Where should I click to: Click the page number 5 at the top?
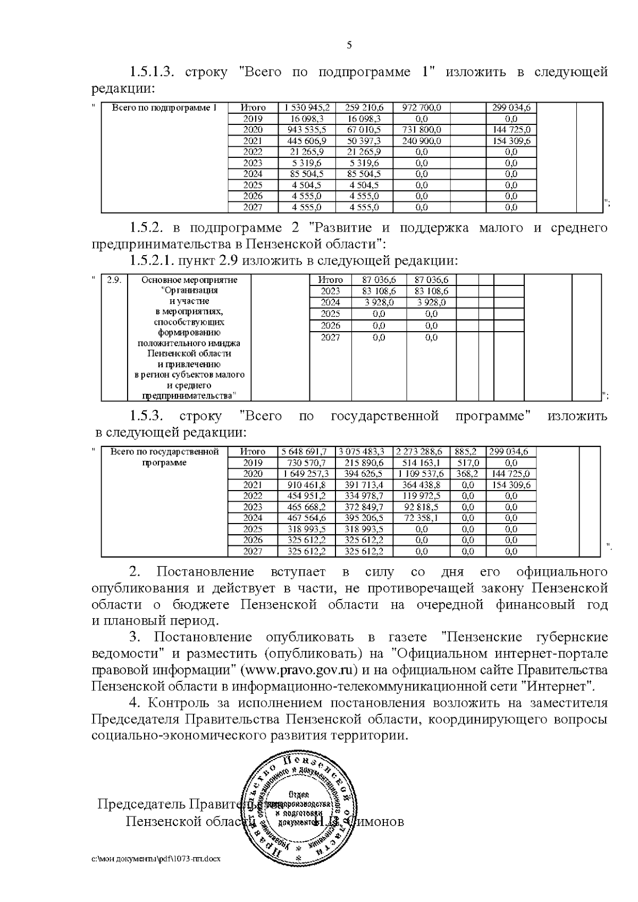pyautogui.click(x=349, y=45)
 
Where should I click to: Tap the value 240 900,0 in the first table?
pyautogui.click(x=421, y=141)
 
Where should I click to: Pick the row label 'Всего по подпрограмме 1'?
pyautogui.click(x=164, y=108)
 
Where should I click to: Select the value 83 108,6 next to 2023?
pyautogui.click(x=379, y=291)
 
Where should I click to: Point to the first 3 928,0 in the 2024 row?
pyautogui.click(x=379, y=302)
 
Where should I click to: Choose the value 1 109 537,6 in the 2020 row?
pyautogui.click(x=421, y=474)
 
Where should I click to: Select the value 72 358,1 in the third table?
pyautogui.click(x=421, y=518)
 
